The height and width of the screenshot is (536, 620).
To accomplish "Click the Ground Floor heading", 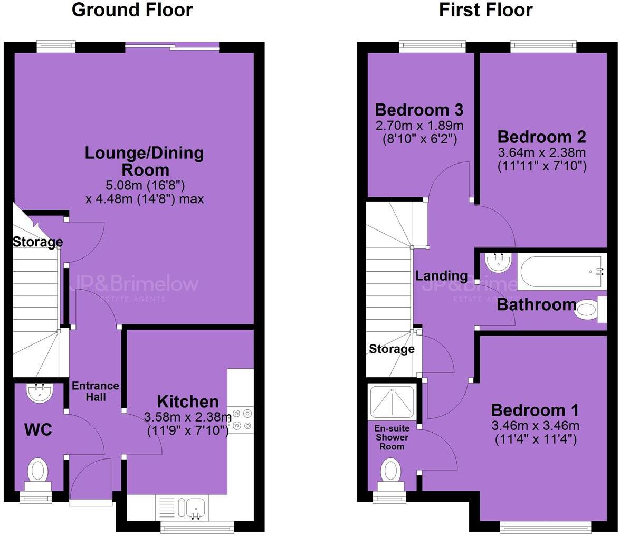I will pos(132,9).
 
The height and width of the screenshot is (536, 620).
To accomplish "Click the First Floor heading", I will pos(485,9).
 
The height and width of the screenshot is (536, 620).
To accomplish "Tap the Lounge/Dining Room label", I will pos(144,161).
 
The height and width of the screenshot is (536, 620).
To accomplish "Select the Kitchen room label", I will pos(187,401).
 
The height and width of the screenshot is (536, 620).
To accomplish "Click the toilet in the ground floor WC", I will pos(37,471).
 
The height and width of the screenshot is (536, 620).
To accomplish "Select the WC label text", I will pos(38,430).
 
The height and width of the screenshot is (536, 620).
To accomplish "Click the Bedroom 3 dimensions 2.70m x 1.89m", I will pos(419,126).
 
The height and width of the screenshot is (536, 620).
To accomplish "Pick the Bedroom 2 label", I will pos(541,137).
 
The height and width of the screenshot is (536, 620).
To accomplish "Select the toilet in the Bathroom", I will pos(587,309).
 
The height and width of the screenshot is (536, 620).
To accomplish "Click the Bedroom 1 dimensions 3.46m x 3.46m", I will pos(535,425).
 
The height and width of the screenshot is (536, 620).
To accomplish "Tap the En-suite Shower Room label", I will pos(392,437).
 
